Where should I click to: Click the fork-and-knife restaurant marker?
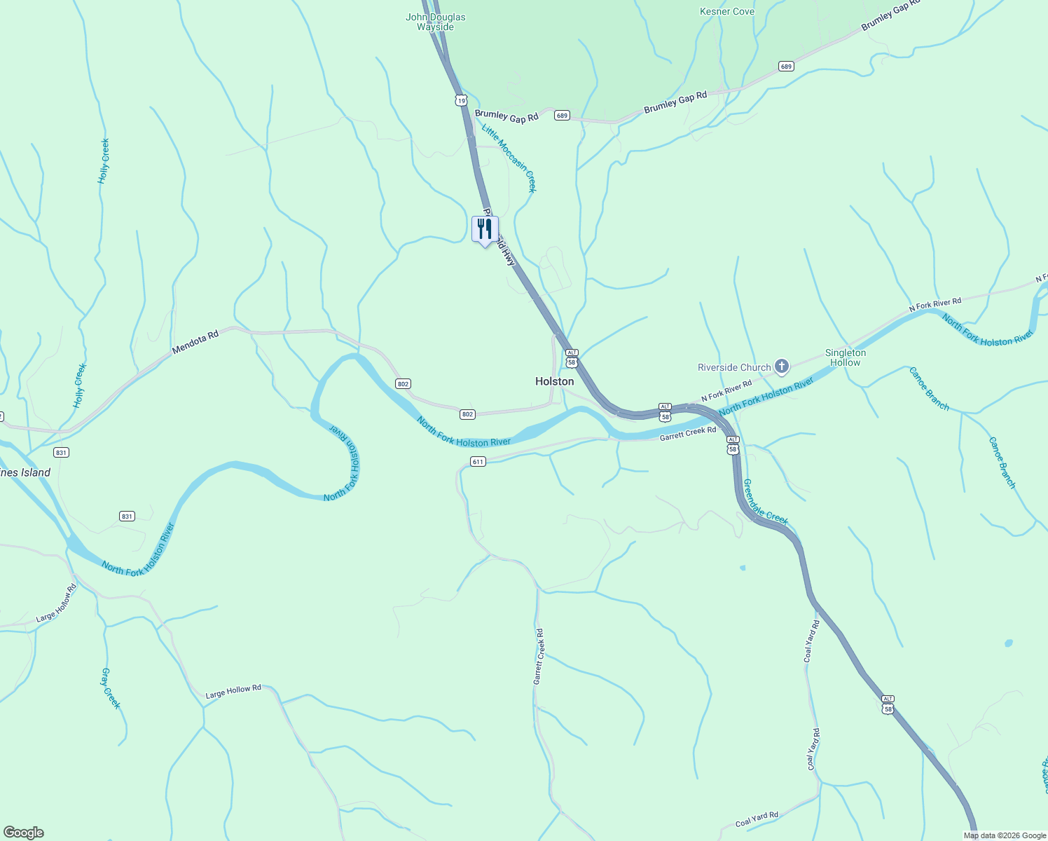pyautogui.click(x=485, y=229)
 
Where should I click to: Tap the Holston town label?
pyautogui.click(x=554, y=382)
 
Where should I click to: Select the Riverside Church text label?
pyautogui.click(x=733, y=367)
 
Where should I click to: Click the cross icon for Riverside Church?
pyautogui.click(x=782, y=367)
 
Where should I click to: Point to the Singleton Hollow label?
pyautogui.click(x=845, y=357)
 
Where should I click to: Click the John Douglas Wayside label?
pyautogui.click(x=436, y=22)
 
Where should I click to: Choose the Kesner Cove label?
pyautogui.click(x=727, y=11)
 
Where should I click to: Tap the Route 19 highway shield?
pyautogui.click(x=460, y=101)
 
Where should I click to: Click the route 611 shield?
pyautogui.click(x=478, y=462)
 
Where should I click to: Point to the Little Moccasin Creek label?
pyautogui.click(x=509, y=158)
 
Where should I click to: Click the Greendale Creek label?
pyautogui.click(x=765, y=502)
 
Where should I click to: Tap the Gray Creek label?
pyautogui.click(x=111, y=688)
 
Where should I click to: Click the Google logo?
pyautogui.click(x=23, y=833)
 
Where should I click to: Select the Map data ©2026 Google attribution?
pyautogui.click(x=1004, y=835)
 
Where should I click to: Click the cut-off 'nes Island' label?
pyautogui.click(x=26, y=473)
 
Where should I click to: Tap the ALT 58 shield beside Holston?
pyautogui.click(x=572, y=358)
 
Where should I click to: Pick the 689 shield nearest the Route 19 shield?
pyautogui.click(x=562, y=115)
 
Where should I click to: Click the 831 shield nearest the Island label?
pyautogui.click(x=61, y=453)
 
